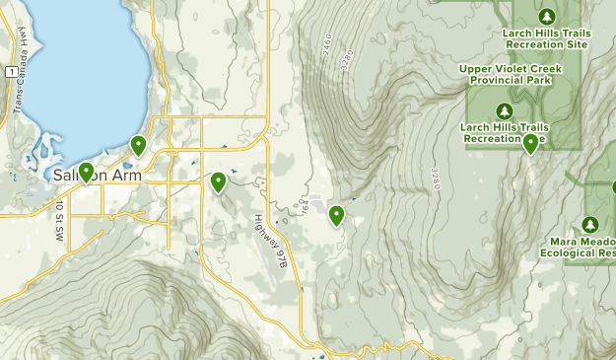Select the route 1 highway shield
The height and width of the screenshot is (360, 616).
pyautogui.click(x=9, y=72)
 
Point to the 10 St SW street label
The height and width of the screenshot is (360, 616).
pyautogui.click(x=59, y=219)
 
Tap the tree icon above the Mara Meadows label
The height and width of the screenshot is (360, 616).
pyautogui.click(x=590, y=224)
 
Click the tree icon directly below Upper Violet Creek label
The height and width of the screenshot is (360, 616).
pyautogui.click(x=504, y=109)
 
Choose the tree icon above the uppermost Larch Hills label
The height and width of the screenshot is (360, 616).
pyautogui.click(x=547, y=16)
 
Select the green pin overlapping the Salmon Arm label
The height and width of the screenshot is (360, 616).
pyautogui.click(x=87, y=172)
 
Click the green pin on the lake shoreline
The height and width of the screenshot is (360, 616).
pyautogui.click(x=139, y=146)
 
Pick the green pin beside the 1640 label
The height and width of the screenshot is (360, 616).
pyautogui.click(x=336, y=215)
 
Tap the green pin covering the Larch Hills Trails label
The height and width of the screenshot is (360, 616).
pyautogui.click(x=531, y=142)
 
